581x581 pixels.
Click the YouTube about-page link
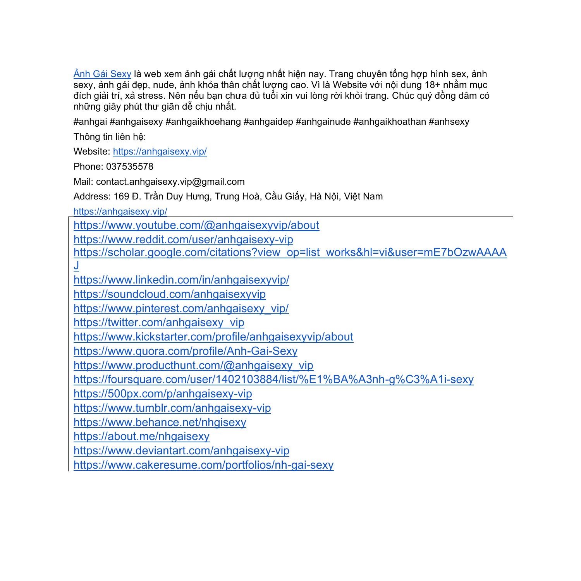click(x=196, y=225)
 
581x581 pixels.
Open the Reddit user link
click(x=183, y=240)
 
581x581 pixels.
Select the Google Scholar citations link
click(x=290, y=253)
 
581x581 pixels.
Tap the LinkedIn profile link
click(x=181, y=280)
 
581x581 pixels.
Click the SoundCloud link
click(x=170, y=294)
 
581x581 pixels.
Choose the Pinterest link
click(x=181, y=308)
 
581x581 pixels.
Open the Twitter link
click(x=159, y=323)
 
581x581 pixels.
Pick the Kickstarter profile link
click(x=213, y=337)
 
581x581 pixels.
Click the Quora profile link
click(x=185, y=351)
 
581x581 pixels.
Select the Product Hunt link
click(x=193, y=365)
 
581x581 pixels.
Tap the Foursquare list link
click(x=273, y=379)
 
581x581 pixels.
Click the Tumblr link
click(x=172, y=408)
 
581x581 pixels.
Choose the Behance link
click(x=160, y=422)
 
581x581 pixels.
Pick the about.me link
click(x=141, y=437)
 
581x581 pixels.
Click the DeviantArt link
click(x=181, y=450)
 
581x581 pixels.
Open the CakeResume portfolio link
click(x=203, y=465)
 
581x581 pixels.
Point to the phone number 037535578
click(x=130, y=167)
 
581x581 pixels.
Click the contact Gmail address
click(x=170, y=182)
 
